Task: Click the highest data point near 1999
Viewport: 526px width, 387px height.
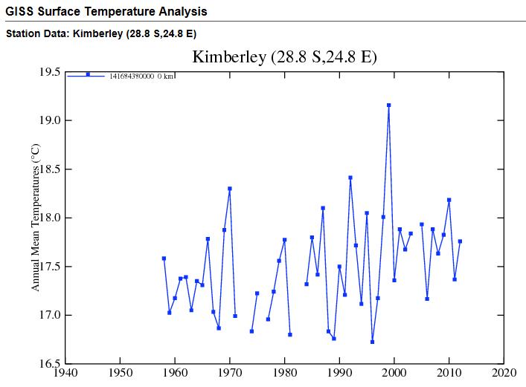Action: (x=388, y=105)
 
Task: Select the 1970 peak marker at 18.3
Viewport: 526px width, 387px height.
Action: (x=230, y=189)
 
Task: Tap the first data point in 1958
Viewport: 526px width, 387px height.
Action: (x=164, y=258)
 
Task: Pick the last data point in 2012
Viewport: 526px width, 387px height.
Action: (x=460, y=241)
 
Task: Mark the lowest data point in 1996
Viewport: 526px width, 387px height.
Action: (x=372, y=342)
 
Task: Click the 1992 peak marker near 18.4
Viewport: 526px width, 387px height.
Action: (x=350, y=178)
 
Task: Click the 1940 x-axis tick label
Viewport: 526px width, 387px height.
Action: (x=65, y=374)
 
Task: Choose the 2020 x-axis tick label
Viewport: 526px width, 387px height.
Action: (x=504, y=374)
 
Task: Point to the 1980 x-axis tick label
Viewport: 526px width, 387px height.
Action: (x=285, y=374)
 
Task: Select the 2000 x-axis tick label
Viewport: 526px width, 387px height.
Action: (x=394, y=374)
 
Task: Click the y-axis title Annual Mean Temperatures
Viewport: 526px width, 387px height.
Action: (x=35, y=218)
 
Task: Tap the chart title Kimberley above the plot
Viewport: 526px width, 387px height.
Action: (x=285, y=57)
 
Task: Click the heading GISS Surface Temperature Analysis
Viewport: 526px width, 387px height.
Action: (x=106, y=12)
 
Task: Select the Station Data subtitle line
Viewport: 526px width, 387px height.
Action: (x=100, y=34)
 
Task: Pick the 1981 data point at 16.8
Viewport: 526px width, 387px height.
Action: (x=290, y=334)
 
